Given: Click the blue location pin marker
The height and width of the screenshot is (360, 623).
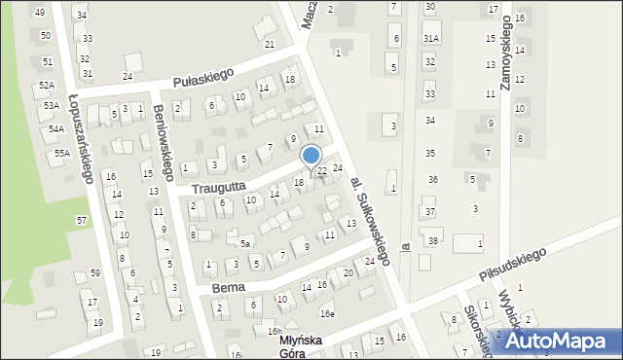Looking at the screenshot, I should (311, 156).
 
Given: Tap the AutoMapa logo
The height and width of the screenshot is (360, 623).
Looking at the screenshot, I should (559, 341).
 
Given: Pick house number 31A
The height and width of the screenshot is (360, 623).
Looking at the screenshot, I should (430, 38).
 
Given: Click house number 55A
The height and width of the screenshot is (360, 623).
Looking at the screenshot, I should (62, 153).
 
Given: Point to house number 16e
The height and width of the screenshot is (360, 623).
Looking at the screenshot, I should (327, 313).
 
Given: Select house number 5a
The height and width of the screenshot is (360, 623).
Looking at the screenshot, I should (246, 242).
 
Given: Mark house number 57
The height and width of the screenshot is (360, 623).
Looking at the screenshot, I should (82, 220).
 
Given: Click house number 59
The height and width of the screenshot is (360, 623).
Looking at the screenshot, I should (94, 272).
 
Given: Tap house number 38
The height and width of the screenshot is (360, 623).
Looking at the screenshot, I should (433, 240).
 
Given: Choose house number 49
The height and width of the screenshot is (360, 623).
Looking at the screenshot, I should (40, 12).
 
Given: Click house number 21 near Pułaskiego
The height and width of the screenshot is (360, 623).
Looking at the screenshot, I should (270, 44).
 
